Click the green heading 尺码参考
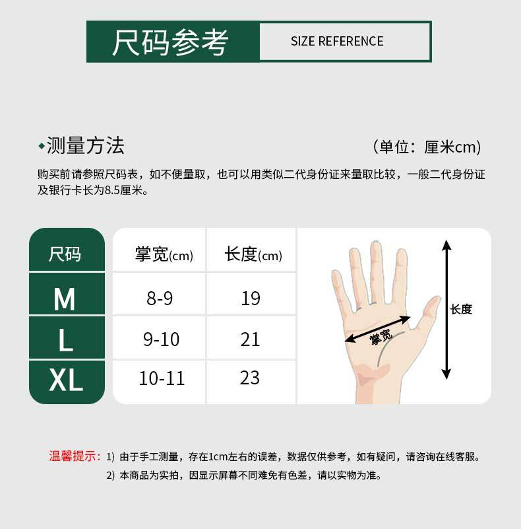(x=170, y=42)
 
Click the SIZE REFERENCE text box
(x=337, y=42)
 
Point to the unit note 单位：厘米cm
(x=427, y=147)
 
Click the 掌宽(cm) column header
(x=164, y=254)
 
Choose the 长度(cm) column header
(x=253, y=254)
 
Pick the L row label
(x=65, y=340)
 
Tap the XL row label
(x=66, y=380)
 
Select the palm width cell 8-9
(x=160, y=299)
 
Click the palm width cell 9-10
(x=161, y=339)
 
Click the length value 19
(x=251, y=299)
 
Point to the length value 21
(x=251, y=339)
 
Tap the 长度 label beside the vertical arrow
(x=461, y=309)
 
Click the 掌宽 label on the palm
(x=381, y=337)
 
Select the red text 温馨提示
(x=75, y=456)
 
